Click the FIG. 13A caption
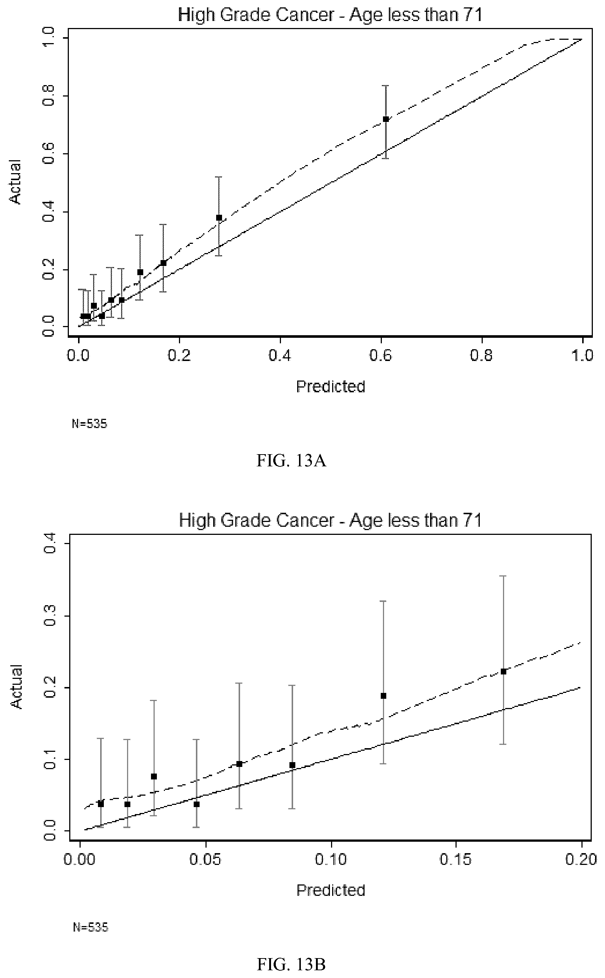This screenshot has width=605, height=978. [x=291, y=461]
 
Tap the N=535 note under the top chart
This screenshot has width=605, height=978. [x=89, y=424]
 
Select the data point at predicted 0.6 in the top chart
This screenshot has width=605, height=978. [x=386, y=119]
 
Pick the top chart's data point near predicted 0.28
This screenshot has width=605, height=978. [x=219, y=218]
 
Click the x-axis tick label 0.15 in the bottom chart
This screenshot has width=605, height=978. [x=455, y=859]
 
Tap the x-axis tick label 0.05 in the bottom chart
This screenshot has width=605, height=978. [x=205, y=859]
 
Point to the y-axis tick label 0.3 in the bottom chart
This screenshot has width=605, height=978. [x=49, y=616]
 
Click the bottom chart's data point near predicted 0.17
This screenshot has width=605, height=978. [x=503, y=672]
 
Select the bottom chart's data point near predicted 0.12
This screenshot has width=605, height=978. [x=383, y=696]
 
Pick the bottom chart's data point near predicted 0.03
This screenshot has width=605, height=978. [x=154, y=776]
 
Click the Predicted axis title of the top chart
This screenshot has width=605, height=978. [x=331, y=386]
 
